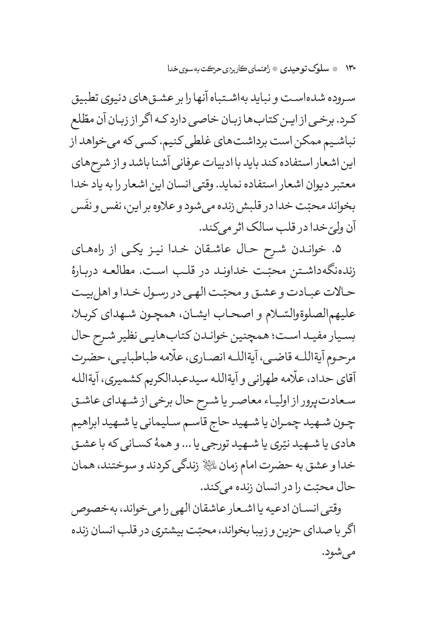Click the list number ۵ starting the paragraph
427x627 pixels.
pyautogui.click(x=338, y=250)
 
